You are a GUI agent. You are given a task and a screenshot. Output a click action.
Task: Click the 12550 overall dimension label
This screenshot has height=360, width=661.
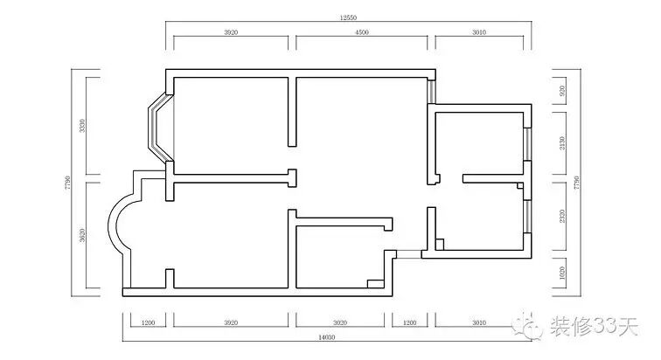[348, 17]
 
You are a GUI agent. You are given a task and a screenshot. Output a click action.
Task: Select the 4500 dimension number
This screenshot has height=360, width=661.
[362, 32]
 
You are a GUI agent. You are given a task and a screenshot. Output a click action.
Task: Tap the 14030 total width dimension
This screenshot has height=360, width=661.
[327, 337]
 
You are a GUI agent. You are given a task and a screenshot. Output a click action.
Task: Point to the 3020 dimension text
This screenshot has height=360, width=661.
[340, 323]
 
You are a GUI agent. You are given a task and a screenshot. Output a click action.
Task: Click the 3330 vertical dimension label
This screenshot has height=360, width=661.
[82, 126]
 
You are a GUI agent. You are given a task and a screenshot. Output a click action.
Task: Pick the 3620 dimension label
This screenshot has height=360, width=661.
[82, 235]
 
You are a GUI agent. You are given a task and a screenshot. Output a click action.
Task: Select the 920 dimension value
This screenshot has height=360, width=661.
[562, 91]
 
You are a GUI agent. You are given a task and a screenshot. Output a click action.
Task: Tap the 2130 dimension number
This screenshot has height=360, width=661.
[562, 142]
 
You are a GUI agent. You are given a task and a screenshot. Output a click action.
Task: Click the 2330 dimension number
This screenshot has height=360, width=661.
[562, 217]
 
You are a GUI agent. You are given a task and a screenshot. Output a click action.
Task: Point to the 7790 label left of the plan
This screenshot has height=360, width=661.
[67, 183]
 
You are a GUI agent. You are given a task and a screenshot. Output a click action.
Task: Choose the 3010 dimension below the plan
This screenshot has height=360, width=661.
[479, 323]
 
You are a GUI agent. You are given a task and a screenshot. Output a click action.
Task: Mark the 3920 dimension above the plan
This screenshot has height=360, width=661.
[231, 32]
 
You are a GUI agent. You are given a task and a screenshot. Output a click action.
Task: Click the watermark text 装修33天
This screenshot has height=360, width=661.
[594, 326]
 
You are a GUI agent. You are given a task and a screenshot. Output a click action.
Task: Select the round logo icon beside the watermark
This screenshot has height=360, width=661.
[527, 325]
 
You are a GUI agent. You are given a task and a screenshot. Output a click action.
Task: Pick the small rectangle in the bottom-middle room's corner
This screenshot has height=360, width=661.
[376, 284]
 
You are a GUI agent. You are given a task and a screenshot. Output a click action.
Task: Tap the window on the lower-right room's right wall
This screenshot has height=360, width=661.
[527, 216]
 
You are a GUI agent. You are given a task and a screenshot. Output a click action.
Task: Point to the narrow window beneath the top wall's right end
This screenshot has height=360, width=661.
[431, 91]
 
